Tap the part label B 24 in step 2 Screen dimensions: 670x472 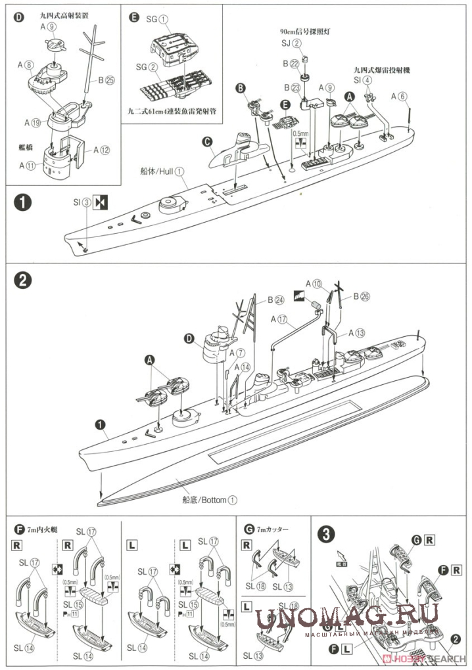click(274, 301)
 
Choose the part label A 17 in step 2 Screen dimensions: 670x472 click(280, 320)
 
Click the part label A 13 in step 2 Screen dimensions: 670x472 click(356, 332)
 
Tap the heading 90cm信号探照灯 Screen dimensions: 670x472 click(300, 31)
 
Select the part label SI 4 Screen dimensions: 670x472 click(363, 79)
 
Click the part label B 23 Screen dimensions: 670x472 click(291, 87)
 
